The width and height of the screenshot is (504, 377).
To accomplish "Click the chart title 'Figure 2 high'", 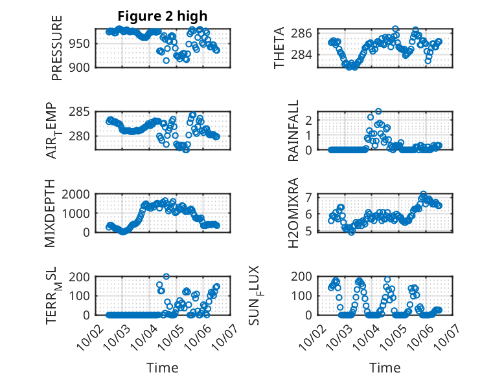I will pos(163,16).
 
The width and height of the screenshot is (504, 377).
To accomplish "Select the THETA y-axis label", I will pos(279,48).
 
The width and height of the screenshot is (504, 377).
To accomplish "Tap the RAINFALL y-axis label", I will pos(293,131).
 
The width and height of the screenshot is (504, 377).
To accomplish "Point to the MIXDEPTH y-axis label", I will pos(51,213).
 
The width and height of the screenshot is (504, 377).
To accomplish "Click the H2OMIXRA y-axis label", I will pos(293,213).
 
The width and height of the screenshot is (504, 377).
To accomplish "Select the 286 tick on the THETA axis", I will pos(305,33).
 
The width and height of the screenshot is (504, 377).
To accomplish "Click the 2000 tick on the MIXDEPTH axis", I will pos(80,194).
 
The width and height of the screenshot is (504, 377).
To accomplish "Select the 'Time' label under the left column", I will pos(162,367).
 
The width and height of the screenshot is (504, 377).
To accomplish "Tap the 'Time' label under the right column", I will pos(385,367).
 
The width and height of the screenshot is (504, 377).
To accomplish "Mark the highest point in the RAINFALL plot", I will pos(378,111).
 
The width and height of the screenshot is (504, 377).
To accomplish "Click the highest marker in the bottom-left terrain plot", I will pos(166,277).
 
